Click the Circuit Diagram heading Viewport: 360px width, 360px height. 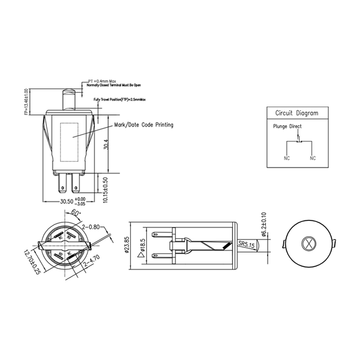296,113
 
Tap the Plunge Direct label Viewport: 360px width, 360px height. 287,126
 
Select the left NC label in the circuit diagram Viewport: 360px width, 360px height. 287,158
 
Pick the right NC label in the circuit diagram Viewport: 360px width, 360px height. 313,158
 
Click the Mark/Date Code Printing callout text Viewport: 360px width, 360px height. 144,125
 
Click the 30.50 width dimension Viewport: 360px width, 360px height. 66,201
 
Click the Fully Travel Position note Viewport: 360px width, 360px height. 121,99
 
